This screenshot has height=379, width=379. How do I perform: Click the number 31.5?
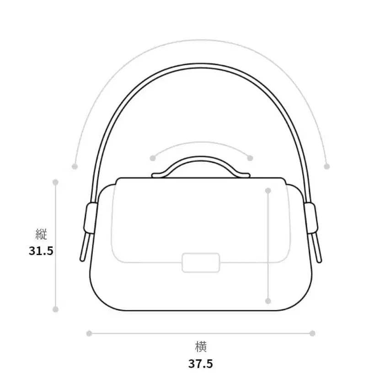tap(41, 251)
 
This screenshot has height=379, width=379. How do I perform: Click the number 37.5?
tap(201, 364)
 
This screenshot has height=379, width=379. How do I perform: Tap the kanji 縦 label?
tap(41, 234)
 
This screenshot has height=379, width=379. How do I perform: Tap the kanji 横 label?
tap(201, 347)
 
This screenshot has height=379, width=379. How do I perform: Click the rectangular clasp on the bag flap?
tap(201, 263)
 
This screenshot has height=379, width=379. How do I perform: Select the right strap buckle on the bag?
tap(311, 218)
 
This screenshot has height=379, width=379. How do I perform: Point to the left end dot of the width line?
tap(89, 334)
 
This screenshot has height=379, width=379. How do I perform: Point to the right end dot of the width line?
tap(312, 334)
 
